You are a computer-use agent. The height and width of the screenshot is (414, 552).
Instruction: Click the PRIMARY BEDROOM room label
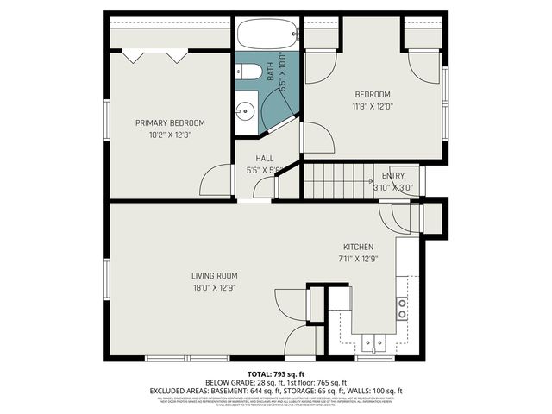170,123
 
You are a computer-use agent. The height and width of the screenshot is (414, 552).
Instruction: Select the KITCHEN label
359,245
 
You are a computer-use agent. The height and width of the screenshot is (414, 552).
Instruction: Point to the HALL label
265,159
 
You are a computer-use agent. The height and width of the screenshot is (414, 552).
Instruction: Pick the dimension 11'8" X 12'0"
373,107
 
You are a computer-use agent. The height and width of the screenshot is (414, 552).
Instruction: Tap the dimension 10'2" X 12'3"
170,135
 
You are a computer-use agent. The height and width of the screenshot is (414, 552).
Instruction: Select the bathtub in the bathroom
267,35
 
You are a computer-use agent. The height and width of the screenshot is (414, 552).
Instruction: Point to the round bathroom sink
245,111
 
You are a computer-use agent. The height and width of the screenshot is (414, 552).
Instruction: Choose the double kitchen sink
373,345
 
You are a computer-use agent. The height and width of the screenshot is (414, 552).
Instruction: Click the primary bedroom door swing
216,182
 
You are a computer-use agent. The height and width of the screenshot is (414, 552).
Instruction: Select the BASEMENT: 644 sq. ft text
280,390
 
